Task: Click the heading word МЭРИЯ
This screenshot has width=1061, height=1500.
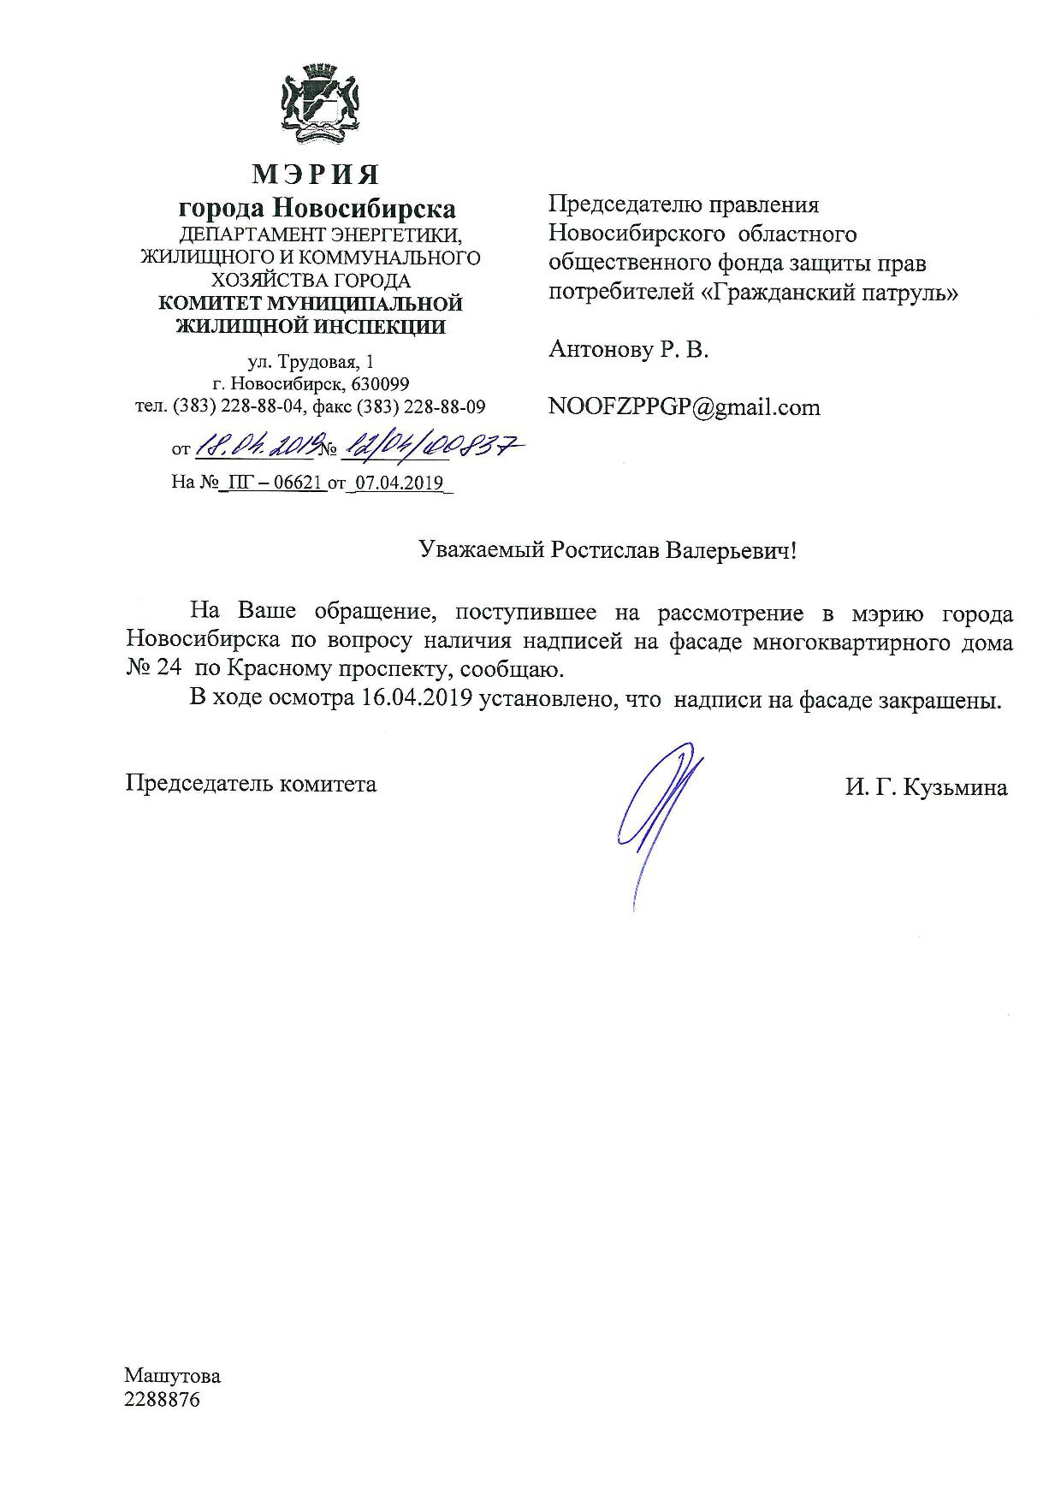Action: (x=315, y=175)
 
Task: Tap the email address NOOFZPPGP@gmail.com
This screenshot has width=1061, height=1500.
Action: (x=684, y=407)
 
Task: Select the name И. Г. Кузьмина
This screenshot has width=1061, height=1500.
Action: (x=926, y=788)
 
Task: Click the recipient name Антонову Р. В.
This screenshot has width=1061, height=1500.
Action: (x=628, y=350)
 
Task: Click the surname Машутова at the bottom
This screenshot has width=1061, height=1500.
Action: (x=172, y=1376)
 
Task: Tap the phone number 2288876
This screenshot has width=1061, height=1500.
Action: (x=162, y=1401)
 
